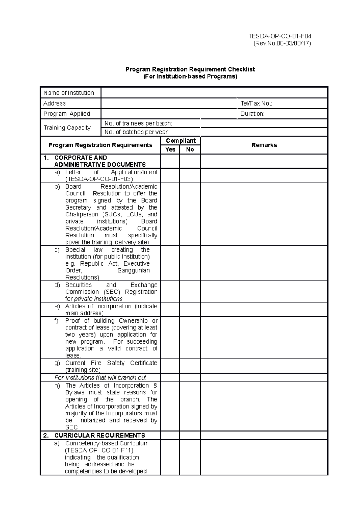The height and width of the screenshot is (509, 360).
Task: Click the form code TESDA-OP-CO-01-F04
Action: tap(280, 36)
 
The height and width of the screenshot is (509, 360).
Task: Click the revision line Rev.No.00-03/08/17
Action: tap(282, 43)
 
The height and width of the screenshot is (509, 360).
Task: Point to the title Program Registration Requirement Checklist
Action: tap(190, 69)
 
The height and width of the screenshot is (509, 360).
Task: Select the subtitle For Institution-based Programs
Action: tap(190, 76)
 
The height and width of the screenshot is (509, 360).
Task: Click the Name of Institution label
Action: tap(69, 93)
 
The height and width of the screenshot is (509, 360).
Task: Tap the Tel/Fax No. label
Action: tap(256, 103)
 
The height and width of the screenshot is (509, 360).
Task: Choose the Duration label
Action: tap(252, 114)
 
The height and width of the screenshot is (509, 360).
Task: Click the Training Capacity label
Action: tap(67, 128)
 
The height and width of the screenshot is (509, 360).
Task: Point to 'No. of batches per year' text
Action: tap(136, 132)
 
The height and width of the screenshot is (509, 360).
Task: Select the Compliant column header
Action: tap(181, 141)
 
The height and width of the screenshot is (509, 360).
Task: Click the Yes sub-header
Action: tap(170, 150)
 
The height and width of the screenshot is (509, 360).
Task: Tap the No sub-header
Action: tap(190, 150)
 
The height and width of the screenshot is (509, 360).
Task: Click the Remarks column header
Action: tap(264, 145)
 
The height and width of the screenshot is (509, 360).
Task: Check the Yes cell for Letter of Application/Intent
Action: tap(170, 176)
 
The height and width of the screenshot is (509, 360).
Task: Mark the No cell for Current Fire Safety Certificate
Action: tap(190, 366)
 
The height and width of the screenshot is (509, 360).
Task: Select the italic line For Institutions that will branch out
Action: tap(100, 378)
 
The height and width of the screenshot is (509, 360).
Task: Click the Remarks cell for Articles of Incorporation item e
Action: tap(264, 310)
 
